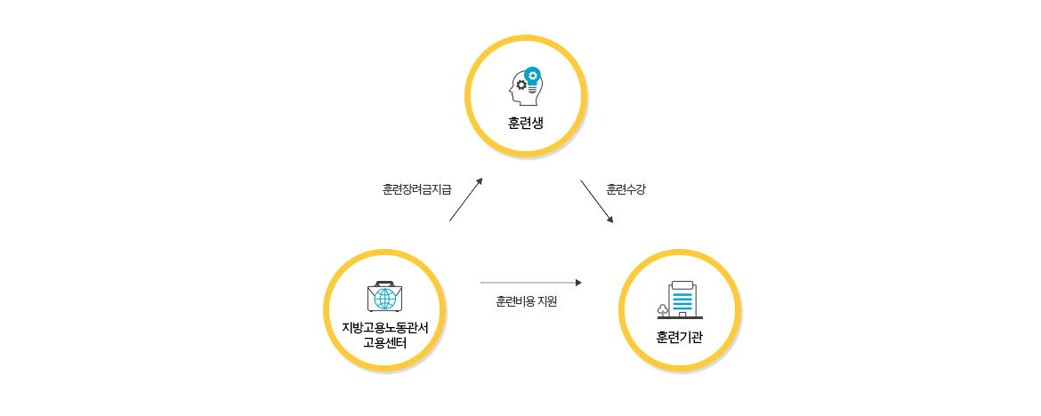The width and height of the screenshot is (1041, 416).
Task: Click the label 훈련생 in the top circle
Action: coord(525,123)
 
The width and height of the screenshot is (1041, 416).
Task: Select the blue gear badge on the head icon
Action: coord(532,75)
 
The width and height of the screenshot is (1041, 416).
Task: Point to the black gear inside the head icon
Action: coord(521,84)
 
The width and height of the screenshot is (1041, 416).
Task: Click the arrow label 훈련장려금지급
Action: coord(416,189)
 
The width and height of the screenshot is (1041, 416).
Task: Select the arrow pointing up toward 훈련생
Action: coord(465,199)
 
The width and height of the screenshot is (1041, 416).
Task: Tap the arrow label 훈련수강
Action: coord(625,189)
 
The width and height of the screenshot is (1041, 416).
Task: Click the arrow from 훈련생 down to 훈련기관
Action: coord(596,201)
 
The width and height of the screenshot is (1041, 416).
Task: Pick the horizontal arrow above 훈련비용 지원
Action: coord(530,283)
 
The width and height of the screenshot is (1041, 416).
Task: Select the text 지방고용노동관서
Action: coord(384,327)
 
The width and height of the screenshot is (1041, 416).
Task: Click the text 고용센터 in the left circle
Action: coord(384,342)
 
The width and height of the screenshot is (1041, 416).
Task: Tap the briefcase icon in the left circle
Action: coord(384,297)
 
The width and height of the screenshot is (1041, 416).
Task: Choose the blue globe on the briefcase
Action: coord(384,299)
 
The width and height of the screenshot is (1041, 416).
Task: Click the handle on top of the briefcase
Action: coord(384,284)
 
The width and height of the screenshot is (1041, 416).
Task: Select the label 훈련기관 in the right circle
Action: coord(680,337)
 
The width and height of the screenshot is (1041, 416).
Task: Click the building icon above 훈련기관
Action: coord(682,300)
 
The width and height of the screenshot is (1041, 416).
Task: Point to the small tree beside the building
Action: coord(663,309)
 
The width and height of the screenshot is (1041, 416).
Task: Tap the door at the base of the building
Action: coord(682,314)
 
